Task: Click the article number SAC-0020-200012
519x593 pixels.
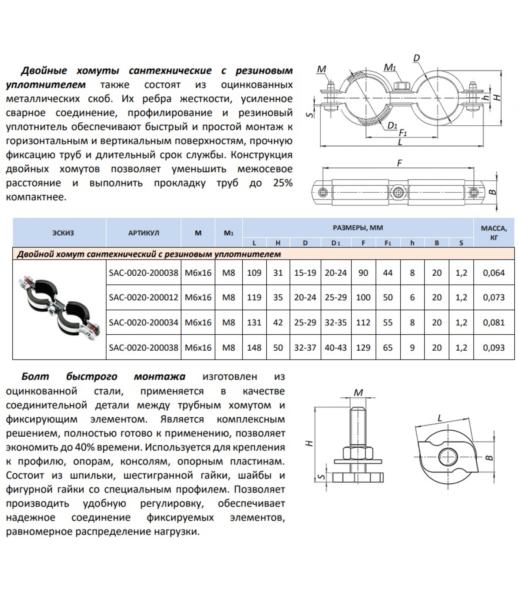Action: pos(143,297)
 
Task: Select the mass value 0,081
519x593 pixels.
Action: pos(494,322)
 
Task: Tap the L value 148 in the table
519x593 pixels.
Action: pos(254,348)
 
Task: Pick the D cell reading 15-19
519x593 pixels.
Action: pos(305,273)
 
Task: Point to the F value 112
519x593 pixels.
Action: pos(363,322)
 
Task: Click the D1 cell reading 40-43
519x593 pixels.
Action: pos(335,348)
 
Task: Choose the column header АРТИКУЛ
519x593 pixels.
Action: pos(143,233)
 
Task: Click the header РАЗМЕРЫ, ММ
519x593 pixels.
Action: pos(358,228)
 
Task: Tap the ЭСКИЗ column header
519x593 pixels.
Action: pos(63,233)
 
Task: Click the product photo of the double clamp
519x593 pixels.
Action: pos(59,309)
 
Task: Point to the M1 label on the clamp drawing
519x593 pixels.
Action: pos(390,67)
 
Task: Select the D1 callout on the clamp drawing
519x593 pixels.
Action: pos(392,125)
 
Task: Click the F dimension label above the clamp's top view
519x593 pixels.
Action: pos(399,163)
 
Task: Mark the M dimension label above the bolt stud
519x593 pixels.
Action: pos(358,392)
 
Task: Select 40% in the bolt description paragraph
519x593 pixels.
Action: pos(80,447)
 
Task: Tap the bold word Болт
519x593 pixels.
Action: pos(35,377)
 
